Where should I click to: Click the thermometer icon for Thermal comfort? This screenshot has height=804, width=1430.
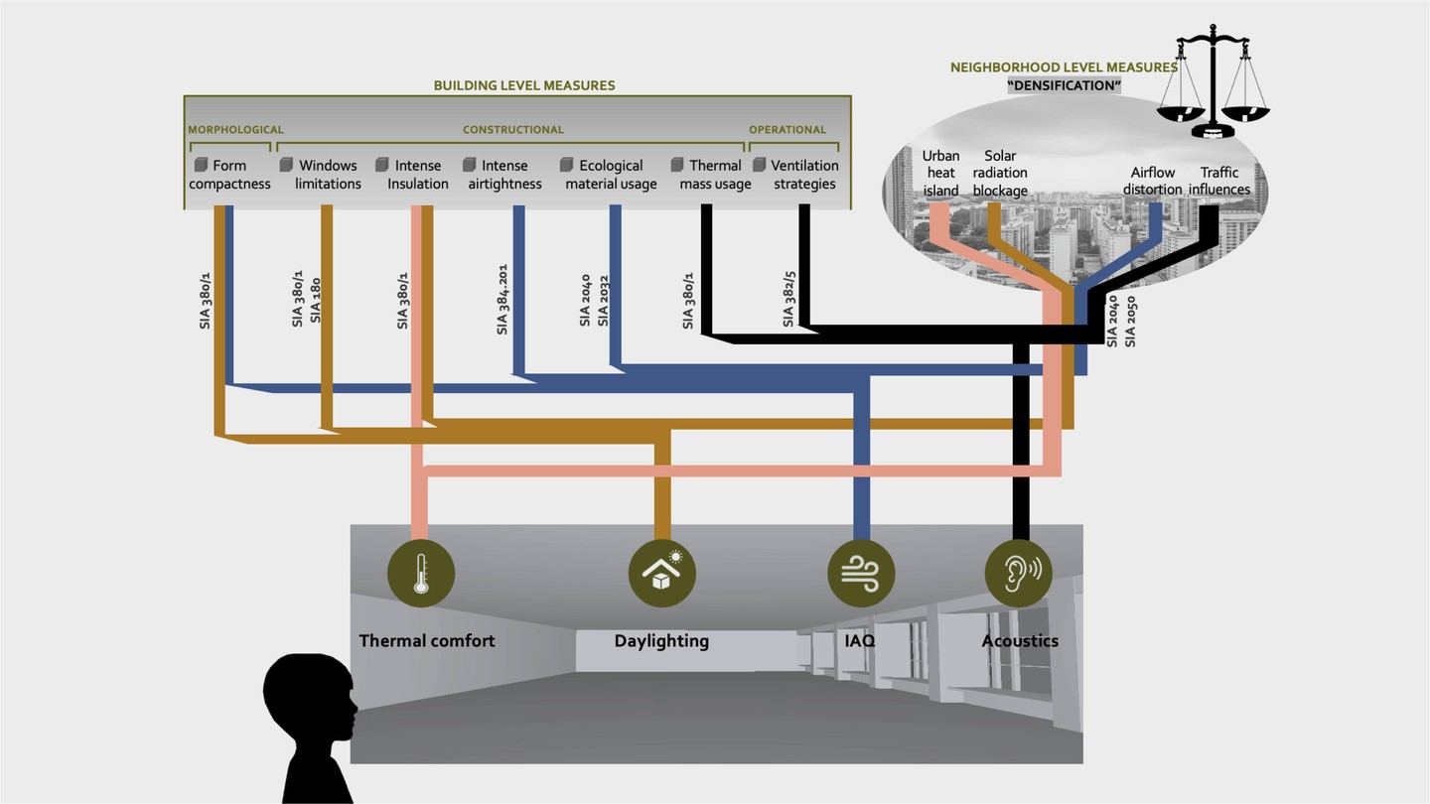(421, 574)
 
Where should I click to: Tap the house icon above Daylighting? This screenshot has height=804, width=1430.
(661, 574)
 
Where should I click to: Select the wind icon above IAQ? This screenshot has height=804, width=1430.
(861, 574)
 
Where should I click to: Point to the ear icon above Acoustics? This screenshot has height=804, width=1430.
(1019, 574)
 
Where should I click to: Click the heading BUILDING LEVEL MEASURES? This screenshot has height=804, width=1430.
(524, 85)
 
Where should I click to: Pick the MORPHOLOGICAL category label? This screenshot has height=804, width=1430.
(236, 129)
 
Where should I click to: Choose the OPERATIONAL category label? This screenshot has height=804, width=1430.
(787, 129)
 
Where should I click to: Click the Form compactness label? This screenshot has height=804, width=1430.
(229, 175)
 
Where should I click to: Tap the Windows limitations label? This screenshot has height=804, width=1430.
(328, 175)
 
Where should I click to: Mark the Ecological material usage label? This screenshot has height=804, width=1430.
(611, 175)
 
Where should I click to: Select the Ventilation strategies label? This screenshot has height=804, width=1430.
(804, 175)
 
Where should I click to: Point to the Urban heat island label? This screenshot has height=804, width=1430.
(940, 173)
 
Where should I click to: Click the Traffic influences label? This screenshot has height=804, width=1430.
(1219, 181)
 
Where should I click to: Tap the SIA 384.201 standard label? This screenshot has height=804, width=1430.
(502, 299)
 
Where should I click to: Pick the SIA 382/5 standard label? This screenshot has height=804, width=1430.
(788, 298)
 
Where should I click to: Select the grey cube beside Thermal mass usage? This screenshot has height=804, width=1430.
(677, 165)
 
